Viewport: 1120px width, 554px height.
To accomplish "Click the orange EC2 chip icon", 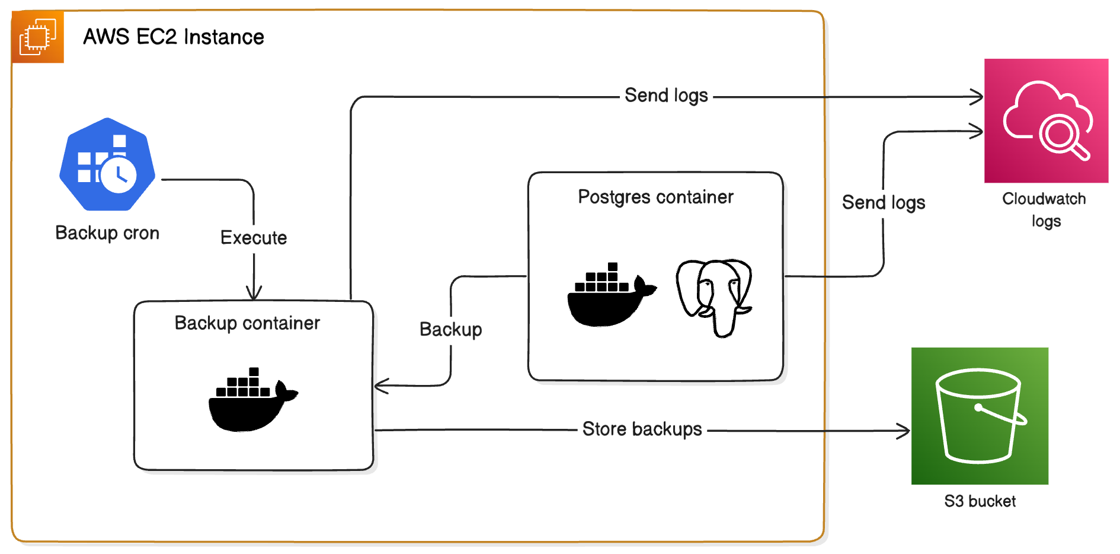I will pyautogui.click(x=37, y=37).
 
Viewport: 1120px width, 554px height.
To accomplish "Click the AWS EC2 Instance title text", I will pyautogui.click(x=173, y=37).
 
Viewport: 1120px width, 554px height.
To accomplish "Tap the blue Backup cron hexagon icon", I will pyautogui.click(x=107, y=164).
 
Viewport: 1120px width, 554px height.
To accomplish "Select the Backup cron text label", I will pyautogui.click(x=107, y=233).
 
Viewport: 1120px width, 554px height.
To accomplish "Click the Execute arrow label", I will pyautogui.click(x=254, y=238).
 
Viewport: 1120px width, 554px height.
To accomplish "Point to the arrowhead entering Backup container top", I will pyautogui.click(x=254, y=294).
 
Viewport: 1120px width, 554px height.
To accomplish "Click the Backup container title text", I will pyautogui.click(x=247, y=323).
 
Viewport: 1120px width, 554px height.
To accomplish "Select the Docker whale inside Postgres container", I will pyautogui.click(x=610, y=295).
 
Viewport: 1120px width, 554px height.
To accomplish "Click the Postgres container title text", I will pyautogui.click(x=655, y=197).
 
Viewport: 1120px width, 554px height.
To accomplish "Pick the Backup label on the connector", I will pyautogui.click(x=450, y=330).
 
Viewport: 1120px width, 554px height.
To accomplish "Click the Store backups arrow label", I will pyautogui.click(x=642, y=429).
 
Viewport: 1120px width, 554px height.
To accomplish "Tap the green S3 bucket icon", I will pyautogui.click(x=980, y=416).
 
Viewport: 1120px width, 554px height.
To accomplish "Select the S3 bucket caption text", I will pyautogui.click(x=980, y=502).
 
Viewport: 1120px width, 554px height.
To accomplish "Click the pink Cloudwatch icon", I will pyautogui.click(x=1046, y=120).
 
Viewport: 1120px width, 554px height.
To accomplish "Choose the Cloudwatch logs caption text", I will pyautogui.click(x=1044, y=209).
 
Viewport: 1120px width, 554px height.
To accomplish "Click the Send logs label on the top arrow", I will pyautogui.click(x=666, y=95).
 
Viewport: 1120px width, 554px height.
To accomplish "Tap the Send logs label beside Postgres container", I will pyautogui.click(x=883, y=203).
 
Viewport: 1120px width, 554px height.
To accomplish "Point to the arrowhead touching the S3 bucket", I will pyautogui.click(x=905, y=431).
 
